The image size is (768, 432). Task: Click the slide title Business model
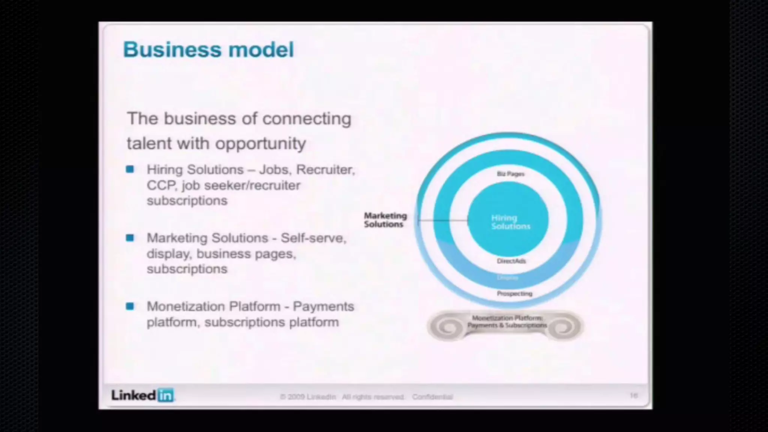(x=208, y=49)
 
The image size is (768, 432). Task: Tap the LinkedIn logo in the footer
(x=142, y=395)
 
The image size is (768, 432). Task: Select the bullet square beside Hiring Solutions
(x=130, y=169)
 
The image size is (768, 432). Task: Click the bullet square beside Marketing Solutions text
(x=130, y=238)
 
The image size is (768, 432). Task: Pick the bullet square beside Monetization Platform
(x=130, y=306)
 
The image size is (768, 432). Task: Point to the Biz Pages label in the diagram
(x=510, y=174)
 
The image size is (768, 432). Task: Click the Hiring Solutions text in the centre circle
(x=510, y=222)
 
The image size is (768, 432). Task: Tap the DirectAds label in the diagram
(x=511, y=261)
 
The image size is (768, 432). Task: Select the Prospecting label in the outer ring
(x=514, y=294)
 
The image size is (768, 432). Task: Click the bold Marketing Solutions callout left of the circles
(x=385, y=220)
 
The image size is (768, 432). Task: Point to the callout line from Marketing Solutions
(x=442, y=220)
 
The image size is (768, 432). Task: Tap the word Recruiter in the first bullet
(x=325, y=170)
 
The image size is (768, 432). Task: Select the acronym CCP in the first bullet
(x=161, y=185)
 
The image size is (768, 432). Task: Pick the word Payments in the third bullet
(x=323, y=306)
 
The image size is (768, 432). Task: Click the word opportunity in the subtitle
(x=261, y=144)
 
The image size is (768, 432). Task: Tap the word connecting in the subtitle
(x=307, y=119)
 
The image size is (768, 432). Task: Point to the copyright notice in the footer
(x=366, y=397)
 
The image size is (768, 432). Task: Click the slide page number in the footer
(x=634, y=396)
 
